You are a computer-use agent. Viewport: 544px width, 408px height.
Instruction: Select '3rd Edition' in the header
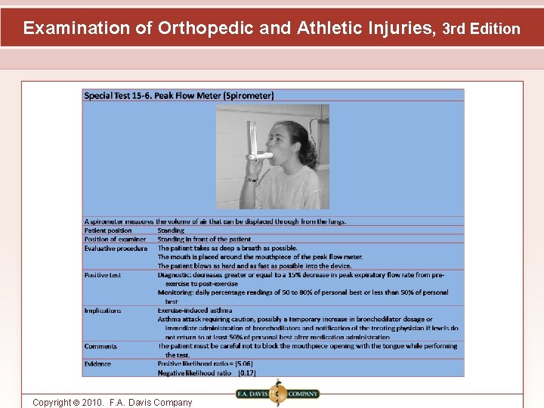481,29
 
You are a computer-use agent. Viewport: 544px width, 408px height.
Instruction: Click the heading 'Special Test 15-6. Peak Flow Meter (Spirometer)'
179,95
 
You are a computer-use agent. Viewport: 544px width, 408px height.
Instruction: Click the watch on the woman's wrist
252,179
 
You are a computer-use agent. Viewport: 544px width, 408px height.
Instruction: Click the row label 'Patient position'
108,230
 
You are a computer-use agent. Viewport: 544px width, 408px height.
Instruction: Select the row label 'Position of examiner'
115,240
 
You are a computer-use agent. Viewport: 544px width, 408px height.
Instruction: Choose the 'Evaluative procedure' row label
116,249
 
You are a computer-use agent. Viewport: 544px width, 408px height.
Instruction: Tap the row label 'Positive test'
103,275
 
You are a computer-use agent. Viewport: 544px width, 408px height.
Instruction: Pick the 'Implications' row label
103,311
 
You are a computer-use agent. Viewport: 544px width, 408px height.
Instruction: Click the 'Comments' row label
100,346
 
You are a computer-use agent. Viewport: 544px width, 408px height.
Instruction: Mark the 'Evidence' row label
97,364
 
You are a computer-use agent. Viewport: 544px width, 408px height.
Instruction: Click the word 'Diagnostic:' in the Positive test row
176,275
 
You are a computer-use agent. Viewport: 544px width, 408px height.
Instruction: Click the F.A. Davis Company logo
277,394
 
